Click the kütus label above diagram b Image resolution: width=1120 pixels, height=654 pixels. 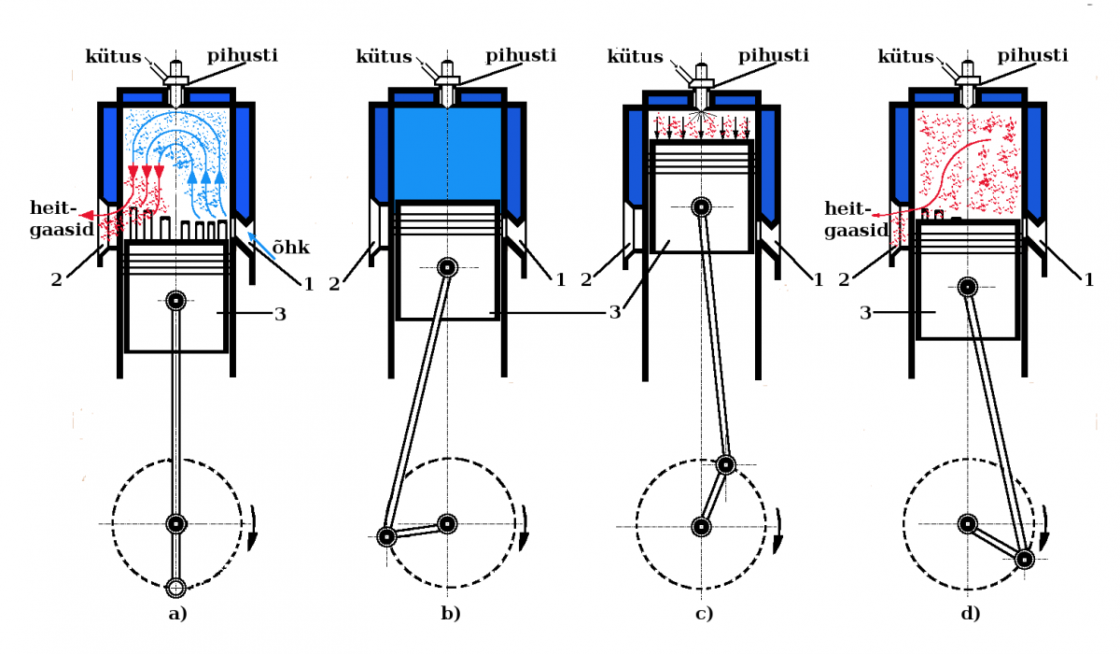(384, 57)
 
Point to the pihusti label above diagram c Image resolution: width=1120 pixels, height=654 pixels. (774, 56)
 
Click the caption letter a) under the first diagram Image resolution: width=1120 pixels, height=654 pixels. (176, 614)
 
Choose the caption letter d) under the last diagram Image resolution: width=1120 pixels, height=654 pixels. (971, 614)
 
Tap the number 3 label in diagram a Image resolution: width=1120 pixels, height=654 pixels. (280, 315)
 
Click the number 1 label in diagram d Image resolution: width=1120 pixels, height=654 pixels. (1088, 277)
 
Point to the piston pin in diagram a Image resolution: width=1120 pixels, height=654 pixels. (176, 301)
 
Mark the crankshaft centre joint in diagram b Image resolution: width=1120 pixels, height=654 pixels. (448, 523)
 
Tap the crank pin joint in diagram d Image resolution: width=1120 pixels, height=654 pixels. (1024, 559)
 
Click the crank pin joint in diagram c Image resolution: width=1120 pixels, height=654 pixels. (725, 464)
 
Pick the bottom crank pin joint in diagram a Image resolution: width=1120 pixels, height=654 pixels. (175, 587)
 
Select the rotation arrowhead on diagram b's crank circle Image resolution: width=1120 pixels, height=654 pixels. (525, 540)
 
